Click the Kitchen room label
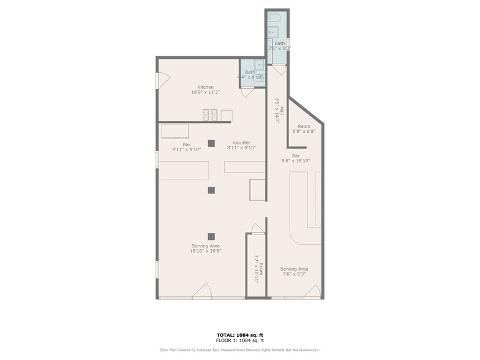click(x=205, y=87)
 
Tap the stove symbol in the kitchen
click(x=211, y=114)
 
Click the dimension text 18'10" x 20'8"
click(x=205, y=251)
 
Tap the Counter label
click(x=241, y=143)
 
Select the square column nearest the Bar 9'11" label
click(x=211, y=143)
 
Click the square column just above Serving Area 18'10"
click(x=211, y=236)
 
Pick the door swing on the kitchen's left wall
click(x=163, y=80)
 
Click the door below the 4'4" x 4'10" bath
click(x=247, y=92)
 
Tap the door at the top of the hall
click(x=278, y=70)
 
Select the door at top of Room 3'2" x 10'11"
click(x=258, y=229)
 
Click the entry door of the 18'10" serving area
click(x=203, y=292)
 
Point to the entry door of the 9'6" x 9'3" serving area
click(x=312, y=292)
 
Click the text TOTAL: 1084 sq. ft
click(x=240, y=335)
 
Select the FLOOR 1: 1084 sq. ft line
click(x=240, y=340)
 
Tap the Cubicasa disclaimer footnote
click(x=240, y=350)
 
